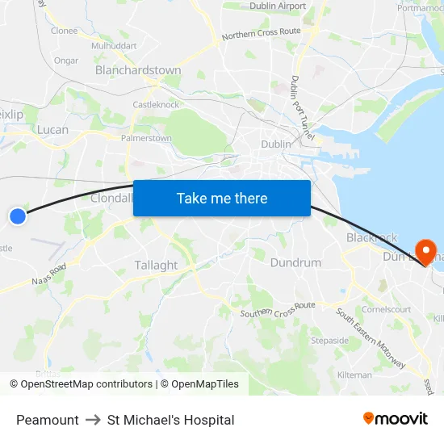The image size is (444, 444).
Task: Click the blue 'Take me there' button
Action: pos(221,198)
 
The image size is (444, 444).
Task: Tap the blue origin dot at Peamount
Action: pos(18,216)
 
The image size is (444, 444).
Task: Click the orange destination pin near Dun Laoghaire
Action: pos(423,249)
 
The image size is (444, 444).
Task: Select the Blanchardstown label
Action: pos(138,70)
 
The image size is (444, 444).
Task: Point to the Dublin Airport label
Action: pos(278,6)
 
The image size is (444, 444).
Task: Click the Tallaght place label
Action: pos(156,265)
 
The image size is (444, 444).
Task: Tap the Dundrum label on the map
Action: pos(295,262)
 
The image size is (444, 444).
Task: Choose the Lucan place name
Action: pos(52,129)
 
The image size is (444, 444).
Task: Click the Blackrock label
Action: pos(371,237)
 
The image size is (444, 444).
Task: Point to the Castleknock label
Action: pos(156,104)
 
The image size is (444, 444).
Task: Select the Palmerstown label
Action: pos(146,138)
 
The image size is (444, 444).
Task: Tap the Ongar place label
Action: pos(65,61)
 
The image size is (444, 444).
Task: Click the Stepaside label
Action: pos(330,340)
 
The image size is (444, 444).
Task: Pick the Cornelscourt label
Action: pos(387,308)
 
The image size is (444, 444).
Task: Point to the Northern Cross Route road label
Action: pos(261,34)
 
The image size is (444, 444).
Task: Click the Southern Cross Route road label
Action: pos(277,308)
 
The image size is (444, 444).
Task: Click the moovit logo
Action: pos(395,419)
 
